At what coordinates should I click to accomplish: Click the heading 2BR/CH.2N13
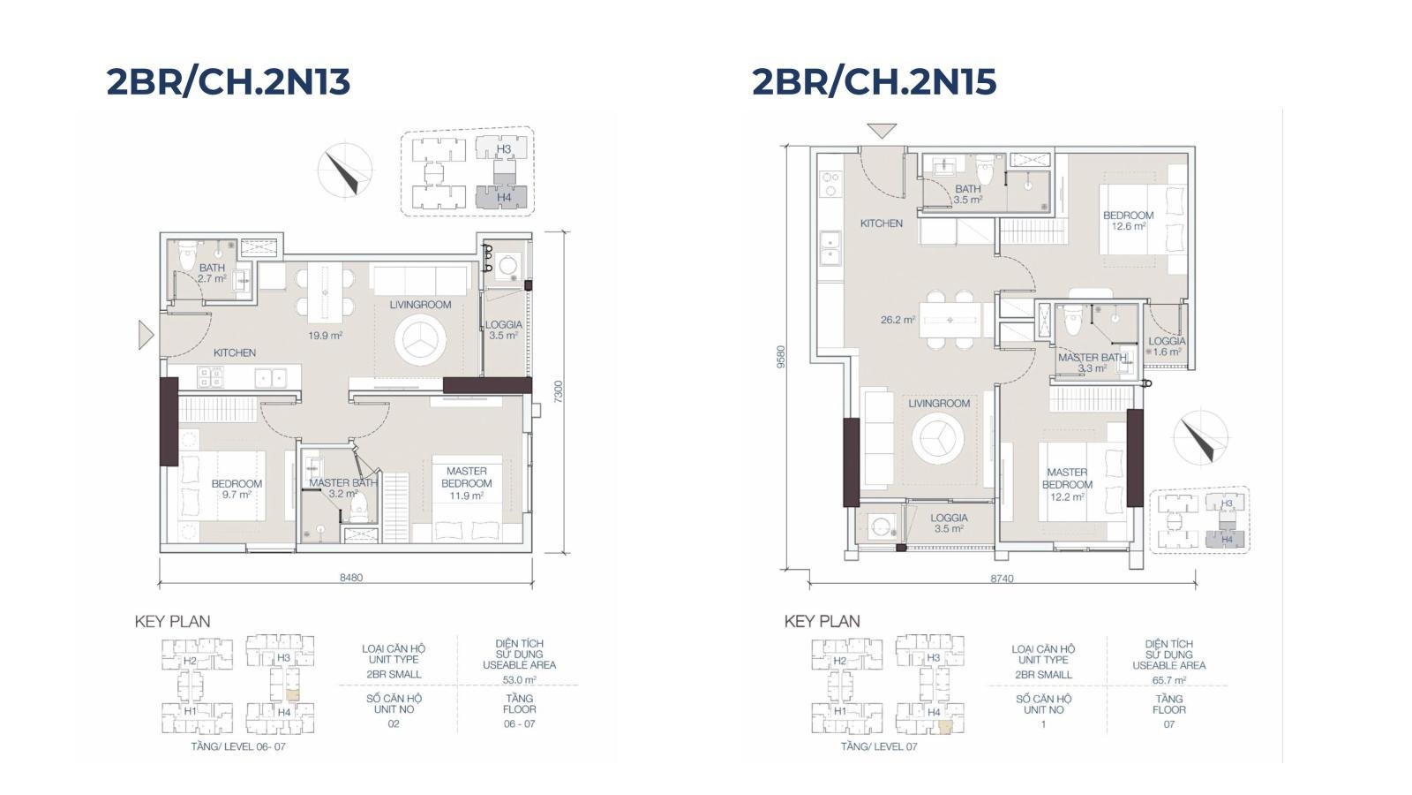point(229,82)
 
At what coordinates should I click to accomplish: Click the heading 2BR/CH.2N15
point(875,82)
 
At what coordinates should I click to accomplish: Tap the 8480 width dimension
point(351,578)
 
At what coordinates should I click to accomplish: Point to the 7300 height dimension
point(558,392)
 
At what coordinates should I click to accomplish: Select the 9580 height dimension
point(781,357)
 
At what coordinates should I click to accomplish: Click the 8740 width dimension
point(1003,578)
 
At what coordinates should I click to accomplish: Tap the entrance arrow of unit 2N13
point(146,335)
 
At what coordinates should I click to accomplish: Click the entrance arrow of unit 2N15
point(882,132)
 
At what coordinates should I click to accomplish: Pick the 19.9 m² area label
point(326,336)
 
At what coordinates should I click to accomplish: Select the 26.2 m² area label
point(898,320)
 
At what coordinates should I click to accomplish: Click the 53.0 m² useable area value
point(520,679)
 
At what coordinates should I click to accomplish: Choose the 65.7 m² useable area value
point(1169,680)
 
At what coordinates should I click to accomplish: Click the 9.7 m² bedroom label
point(237,489)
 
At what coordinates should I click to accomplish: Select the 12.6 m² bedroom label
point(1129,221)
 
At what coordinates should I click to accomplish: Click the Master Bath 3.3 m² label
point(1093,363)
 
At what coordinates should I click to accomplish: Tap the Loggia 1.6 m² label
point(1167,346)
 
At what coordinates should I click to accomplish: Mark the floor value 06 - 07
point(520,723)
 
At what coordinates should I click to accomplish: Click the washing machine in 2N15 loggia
point(880,526)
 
